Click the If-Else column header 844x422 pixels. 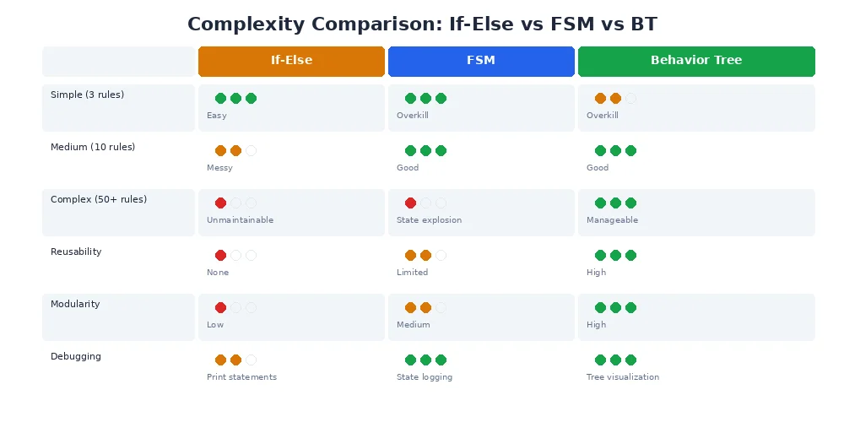point(291,61)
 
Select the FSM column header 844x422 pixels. point(481,61)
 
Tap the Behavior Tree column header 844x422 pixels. point(696,61)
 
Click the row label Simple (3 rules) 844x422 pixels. point(87,95)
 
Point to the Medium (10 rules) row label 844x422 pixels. point(93,147)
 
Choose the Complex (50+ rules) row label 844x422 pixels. point(99,199)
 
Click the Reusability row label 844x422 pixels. point(76,252)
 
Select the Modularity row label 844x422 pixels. point(75,304)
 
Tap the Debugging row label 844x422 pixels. point(76,356)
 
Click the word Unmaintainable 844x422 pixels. point(240,220)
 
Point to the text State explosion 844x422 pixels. point(429,220)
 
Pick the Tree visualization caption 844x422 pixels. point(623,377)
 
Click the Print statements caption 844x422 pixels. point(241,377)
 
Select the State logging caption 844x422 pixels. point(425,377)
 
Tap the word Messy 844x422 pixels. point(219,168)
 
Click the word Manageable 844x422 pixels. point(612,220)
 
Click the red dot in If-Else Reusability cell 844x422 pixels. point(220,255)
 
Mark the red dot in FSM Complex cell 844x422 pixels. point(410,203)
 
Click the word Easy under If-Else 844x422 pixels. point(216,116)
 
